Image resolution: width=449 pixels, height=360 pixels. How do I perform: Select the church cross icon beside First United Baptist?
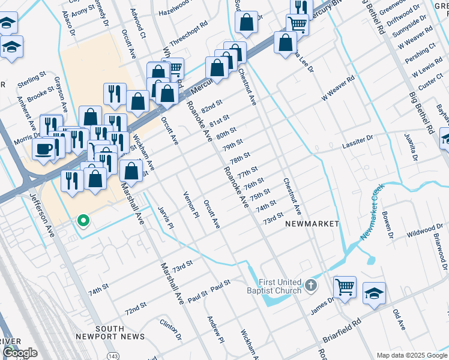click(310, 285)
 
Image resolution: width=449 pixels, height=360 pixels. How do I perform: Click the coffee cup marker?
click(43, 148)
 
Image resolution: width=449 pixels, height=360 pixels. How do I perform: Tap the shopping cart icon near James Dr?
click(345, 287)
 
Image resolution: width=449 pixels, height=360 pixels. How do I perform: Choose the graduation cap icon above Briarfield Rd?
click(374, 293)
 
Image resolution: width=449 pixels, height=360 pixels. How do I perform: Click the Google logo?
click(20, 353)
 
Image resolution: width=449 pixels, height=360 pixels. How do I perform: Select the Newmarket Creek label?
click(372, 213)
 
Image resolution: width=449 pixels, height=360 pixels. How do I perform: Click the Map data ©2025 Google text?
click(411, 355)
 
